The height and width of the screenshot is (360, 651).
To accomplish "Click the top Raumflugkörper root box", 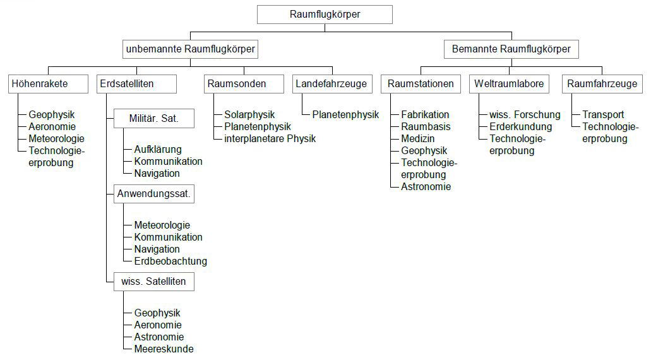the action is point(325,15).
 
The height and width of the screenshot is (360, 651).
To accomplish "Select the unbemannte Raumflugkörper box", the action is point(191,49).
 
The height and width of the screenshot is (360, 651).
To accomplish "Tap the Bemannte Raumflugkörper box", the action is point(511,49).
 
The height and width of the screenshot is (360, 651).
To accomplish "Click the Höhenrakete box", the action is point(48,84).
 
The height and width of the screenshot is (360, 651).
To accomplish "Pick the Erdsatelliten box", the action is point(136,84).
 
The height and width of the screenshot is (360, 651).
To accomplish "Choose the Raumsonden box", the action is point(244,84).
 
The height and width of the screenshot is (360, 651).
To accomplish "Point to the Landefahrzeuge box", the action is point(332,84).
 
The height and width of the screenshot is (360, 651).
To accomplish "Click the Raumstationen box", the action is point(421,84).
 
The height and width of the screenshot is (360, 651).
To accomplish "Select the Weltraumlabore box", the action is point(509,84).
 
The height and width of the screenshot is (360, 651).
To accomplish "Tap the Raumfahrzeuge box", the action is point(602,84).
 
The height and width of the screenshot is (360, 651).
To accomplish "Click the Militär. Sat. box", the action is point(154,119).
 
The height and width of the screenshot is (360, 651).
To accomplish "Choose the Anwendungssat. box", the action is point(154,194).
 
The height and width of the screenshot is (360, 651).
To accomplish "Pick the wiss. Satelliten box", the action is point(154,282).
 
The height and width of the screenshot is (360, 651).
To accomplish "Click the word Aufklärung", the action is point(158,150).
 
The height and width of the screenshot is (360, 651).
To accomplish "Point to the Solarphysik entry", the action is point(249,114).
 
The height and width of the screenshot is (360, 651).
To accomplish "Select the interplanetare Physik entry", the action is point(270,139).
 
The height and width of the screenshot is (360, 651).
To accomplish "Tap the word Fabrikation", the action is point(425,114).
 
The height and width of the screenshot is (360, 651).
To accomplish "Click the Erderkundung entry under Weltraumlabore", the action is point(521,127).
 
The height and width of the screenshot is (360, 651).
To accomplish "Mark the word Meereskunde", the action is point(164,349).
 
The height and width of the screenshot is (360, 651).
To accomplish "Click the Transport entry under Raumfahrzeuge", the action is point(603,114).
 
